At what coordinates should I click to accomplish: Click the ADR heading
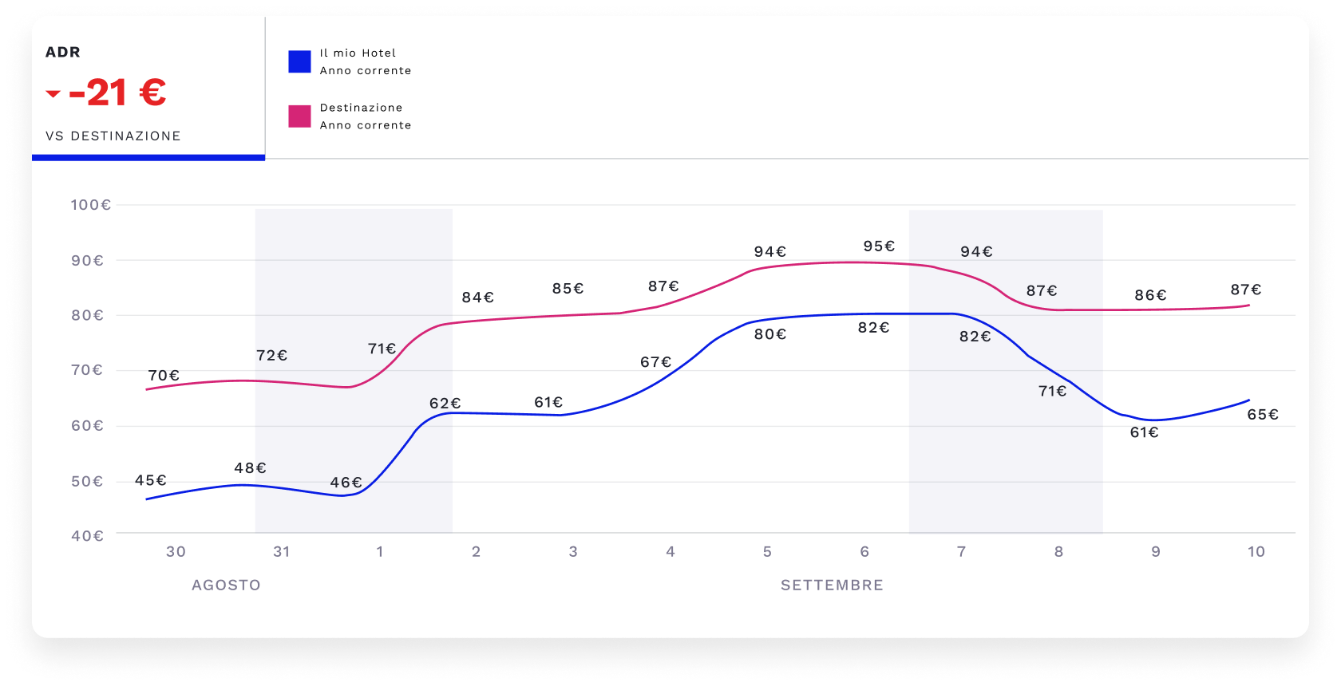[63, 53]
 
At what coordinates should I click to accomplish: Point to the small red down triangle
[53, 94]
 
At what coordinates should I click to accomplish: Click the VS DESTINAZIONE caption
[113, 136]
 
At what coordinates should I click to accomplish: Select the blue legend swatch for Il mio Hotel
[299, 62]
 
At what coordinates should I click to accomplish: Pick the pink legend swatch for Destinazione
[299, 116]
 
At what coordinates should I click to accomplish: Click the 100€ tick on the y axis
[91, 205]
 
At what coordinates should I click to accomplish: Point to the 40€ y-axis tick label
[88, 536]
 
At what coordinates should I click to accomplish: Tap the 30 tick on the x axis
[176, 552]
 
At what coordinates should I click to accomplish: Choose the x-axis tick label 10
[1256, 552]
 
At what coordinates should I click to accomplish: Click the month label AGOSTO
[226, 585]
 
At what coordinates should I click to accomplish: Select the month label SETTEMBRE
[832, 585]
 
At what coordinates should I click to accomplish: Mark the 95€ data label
[879, 246]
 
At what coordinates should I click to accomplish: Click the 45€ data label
[151, 480]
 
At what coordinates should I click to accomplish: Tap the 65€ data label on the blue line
[1263, 415]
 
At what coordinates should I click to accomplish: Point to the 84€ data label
[478, 298]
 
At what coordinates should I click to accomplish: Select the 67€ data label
[656, 362]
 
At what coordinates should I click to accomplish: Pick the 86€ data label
[1150, 295]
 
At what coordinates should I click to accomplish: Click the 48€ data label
[250, 468]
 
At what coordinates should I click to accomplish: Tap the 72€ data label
[271, 355]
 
